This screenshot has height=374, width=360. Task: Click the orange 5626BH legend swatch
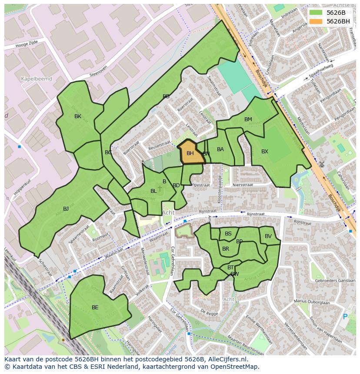tap(316, 21)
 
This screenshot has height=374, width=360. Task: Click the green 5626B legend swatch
tap(316, 13)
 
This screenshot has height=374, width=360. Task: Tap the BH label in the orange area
tap(190, 153)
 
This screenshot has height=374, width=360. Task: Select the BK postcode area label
tap(78, 116)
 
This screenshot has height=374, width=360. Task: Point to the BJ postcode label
tap(66, 209)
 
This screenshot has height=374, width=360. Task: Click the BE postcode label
tap(95, 308)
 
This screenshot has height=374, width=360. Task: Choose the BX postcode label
tap(265, 152)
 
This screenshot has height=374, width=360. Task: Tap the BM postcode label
tap(248, 119)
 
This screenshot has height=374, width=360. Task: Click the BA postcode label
tap(220, 149)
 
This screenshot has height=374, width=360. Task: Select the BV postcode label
tap(268, 236)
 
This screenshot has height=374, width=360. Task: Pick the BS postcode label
tap(228, 234)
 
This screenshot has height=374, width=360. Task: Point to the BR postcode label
tap(226, 249)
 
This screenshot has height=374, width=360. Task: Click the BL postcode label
tap(153, 191)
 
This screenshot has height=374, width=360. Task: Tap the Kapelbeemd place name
tap(37, 79)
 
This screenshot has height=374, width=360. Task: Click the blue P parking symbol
tap(346, 317)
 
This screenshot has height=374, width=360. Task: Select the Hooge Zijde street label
tap(27, 45)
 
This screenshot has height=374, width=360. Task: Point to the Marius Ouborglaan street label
tap(312, 301)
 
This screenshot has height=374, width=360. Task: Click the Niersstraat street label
tap(242, 184)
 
